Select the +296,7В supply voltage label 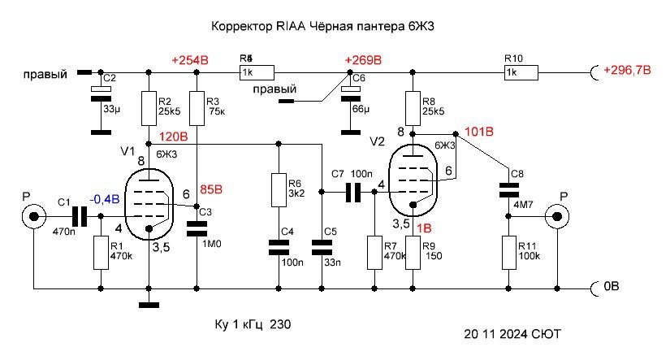point(627,71)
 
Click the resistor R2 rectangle point(149,106)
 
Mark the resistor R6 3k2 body point(279,189)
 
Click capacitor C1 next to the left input point(79,216)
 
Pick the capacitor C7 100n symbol point(352,193)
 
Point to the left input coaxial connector point(33,216)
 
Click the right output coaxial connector point(558,216)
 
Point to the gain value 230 point(279,323)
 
